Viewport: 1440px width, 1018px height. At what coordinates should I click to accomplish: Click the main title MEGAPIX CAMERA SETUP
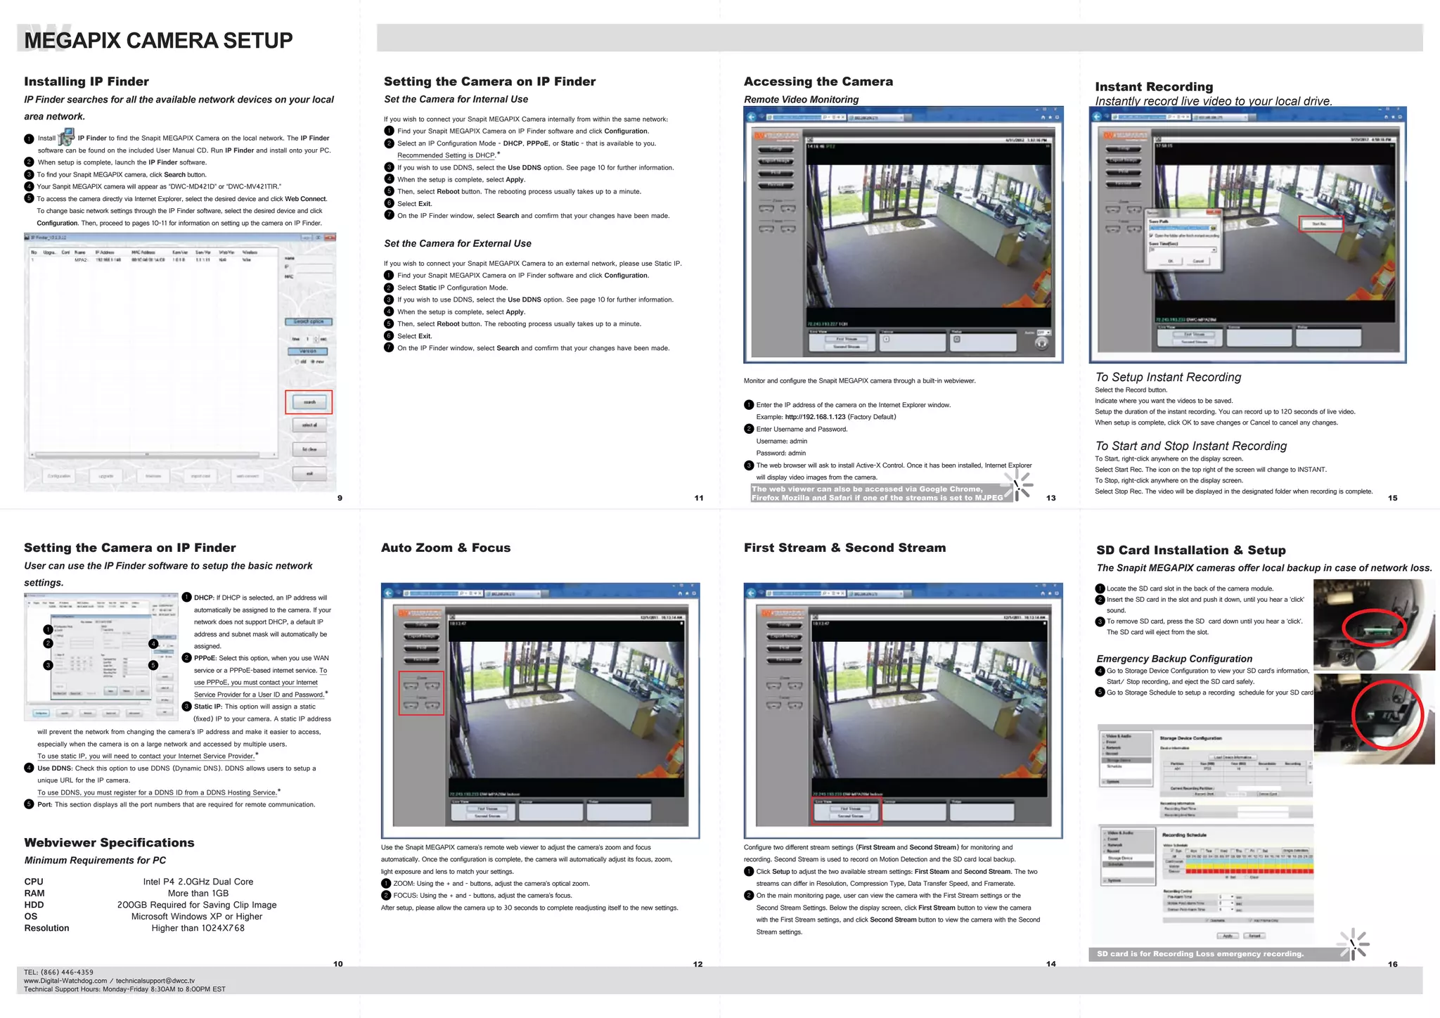158,40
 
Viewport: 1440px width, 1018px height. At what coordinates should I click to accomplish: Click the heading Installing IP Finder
86,82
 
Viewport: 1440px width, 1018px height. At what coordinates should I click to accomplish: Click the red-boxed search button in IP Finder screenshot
309,402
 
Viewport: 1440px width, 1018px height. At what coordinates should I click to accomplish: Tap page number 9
340,498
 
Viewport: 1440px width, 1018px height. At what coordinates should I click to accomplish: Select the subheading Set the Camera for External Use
457,243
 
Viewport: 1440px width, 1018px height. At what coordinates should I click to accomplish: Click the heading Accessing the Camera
818,82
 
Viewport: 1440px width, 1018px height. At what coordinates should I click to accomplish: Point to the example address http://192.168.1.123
815,417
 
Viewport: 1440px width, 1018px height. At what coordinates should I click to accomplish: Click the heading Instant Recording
1153,86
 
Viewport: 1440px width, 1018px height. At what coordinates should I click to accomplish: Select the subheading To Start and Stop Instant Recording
1190,446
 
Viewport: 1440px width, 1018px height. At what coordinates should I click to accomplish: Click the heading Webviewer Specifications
109,842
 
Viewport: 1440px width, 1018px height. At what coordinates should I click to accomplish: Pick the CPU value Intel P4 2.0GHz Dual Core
198,882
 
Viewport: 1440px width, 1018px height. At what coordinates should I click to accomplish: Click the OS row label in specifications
31,916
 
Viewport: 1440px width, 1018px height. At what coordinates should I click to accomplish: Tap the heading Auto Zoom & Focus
445,548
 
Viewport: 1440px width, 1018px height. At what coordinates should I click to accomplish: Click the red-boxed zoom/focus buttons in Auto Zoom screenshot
421,693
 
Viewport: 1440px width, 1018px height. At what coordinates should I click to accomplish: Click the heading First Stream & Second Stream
844,548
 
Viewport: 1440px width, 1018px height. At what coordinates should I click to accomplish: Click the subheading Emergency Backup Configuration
1174,659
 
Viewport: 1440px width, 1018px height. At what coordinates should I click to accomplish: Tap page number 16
1392,964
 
